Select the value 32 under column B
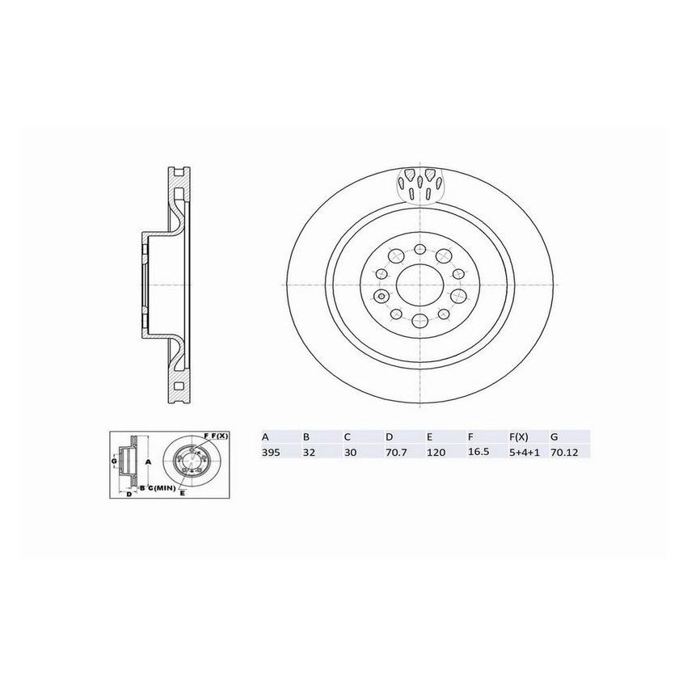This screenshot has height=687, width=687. point(308,454)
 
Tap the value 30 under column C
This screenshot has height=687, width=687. point(349,454)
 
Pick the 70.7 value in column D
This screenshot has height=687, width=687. point(394,454)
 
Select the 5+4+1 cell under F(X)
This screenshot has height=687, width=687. point(521,454)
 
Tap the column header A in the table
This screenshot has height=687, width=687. point(265,436)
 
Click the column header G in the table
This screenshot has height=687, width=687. point(554,436)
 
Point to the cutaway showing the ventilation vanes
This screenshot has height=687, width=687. point(419,186)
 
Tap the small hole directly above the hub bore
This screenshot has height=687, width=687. point(419,250)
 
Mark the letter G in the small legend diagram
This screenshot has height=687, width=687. point(114,461)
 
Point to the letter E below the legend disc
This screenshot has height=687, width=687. point(183,492)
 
